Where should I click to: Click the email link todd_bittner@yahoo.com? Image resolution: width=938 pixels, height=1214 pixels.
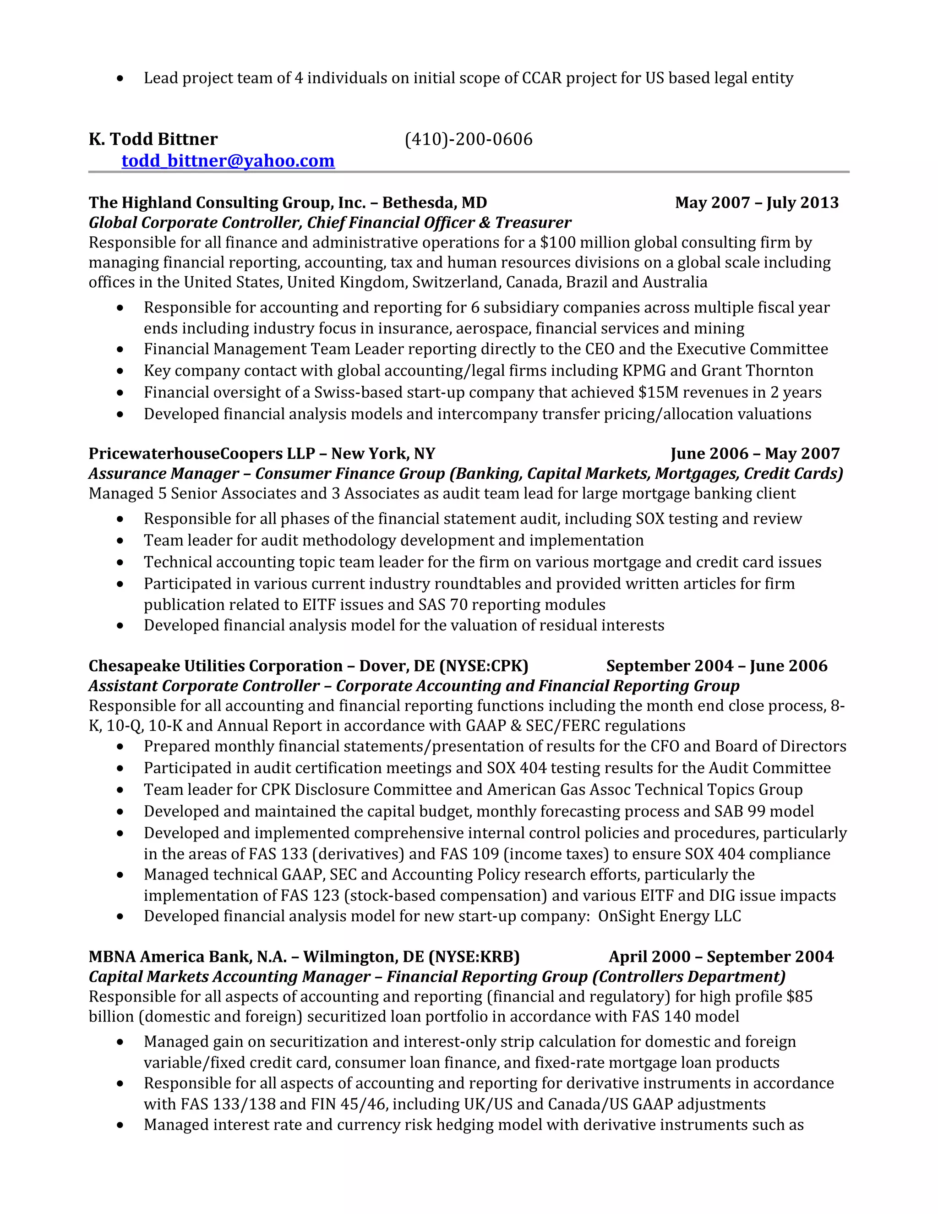pyautogui.click(x=228, y=161)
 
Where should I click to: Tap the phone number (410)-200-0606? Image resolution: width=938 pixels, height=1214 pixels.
pyautogui.click(x=469, y=139)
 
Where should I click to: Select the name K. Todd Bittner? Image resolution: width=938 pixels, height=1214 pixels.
pyautogui.click(x=153, y=139)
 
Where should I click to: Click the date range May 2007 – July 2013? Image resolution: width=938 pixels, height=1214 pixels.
pyautogui.click(x=757, y=202)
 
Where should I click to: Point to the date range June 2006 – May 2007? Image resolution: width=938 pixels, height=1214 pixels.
pyautogui.click(x=755, y=454)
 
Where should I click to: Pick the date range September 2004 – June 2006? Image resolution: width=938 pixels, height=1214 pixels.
pyautogui.click(x=717, y=666)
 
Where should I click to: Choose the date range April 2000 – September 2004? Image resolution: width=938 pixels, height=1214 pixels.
pyautogui.click(x=721, y=957)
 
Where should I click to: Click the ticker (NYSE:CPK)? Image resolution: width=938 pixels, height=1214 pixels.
pyautogui.click(x=484, y=666)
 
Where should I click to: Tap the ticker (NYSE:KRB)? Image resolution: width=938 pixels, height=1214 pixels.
pyautogui.click(x=474, y=957)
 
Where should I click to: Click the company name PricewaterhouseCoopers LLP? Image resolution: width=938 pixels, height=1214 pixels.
pyautogui.click(x=202, y=454)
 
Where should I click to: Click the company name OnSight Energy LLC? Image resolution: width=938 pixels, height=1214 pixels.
pyautogui.click(x=670, y=916)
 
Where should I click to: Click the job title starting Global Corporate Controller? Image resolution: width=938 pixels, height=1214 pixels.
pyautogui.click(x=329, y=222)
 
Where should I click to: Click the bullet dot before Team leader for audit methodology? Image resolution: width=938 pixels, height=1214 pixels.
pyautogui.click(x=120, y=540)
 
